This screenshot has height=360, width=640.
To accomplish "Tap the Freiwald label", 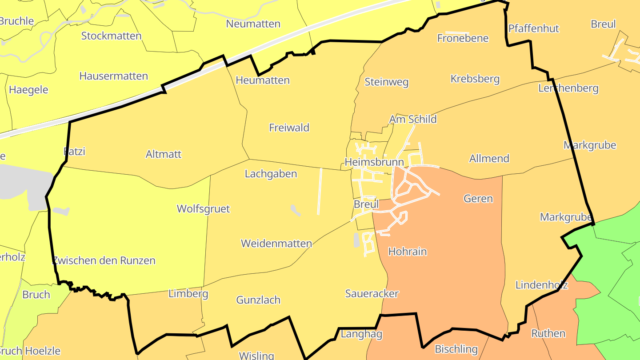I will pyautogui.click(x=289, y=128).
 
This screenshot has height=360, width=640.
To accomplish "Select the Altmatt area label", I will pyautogui.click(x=164, y=154).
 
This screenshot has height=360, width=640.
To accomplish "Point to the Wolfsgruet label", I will pyautogui.click(x=203, y=209).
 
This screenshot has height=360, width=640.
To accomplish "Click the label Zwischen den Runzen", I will pyautogui.click(x=104, y=260).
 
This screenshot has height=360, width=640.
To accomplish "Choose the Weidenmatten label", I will pyautogui.click(x=276, y=244).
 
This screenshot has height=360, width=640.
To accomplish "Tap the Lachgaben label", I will pyautogui.click(x=271, y=174).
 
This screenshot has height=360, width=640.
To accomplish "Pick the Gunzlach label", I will pyautogui.click(x=258, y=300).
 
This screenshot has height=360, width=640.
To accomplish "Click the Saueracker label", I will pyautogui.click(x=372, y=293).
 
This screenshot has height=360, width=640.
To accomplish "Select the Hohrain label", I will pyautogui.click(x=408, y=252).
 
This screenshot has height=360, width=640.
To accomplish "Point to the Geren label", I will pyautogui.click(x=478, y=199).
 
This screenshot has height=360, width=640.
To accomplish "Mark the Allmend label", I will pyautogui.click(x=489, y=159).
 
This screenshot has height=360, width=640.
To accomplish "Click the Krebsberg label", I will pyautogui.click(x=475, y=79).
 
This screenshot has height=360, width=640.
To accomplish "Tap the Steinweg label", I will pyautogui.click(x=386, y=82).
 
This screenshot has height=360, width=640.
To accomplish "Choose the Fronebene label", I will pyautogui.click(x=463, y=38).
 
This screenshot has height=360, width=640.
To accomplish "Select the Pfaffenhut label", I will pyautogui.click(x=533, y=28).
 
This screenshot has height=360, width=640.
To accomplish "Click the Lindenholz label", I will pyautogui.click(x=541, y=285).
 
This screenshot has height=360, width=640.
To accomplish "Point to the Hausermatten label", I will pyautogui.click(x=113, y=76).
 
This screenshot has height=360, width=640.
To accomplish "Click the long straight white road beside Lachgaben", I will pyautogui.click(x=320, y=191).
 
